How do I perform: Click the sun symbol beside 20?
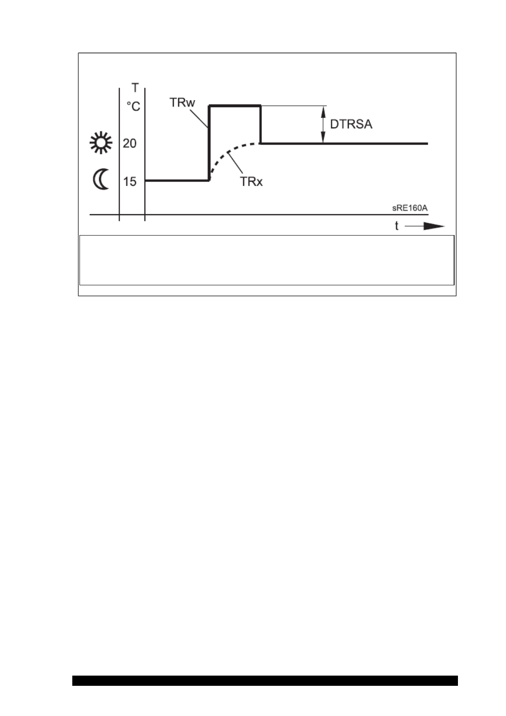coord(101,143)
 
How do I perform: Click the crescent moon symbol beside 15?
coord(101,180)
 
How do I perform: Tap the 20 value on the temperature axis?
coord(130,144)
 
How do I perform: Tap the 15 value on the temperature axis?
coord(130,182)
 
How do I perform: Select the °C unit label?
coord(133,106)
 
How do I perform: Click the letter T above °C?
coord(135,88)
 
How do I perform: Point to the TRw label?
coord(182,103)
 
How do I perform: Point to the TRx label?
coord(251,182)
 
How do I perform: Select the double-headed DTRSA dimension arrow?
coord(323,124)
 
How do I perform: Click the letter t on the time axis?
coord(396,226)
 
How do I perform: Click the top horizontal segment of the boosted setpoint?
coord(234,106)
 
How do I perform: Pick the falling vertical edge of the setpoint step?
coord(260,124)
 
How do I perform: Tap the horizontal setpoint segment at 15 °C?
coord(177,180)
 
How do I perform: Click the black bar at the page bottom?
coord(264,680)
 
